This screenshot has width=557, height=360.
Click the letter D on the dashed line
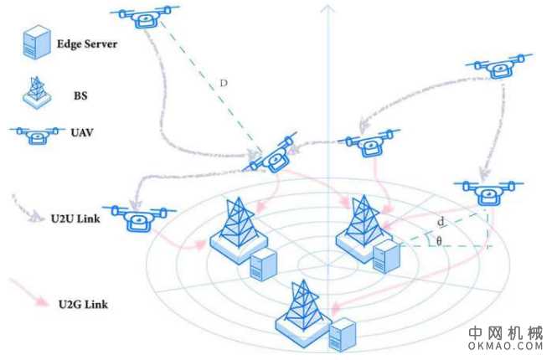[223, 84]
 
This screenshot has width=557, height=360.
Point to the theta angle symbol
[439, 241]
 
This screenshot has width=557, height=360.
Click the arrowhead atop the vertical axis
[327, 10]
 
